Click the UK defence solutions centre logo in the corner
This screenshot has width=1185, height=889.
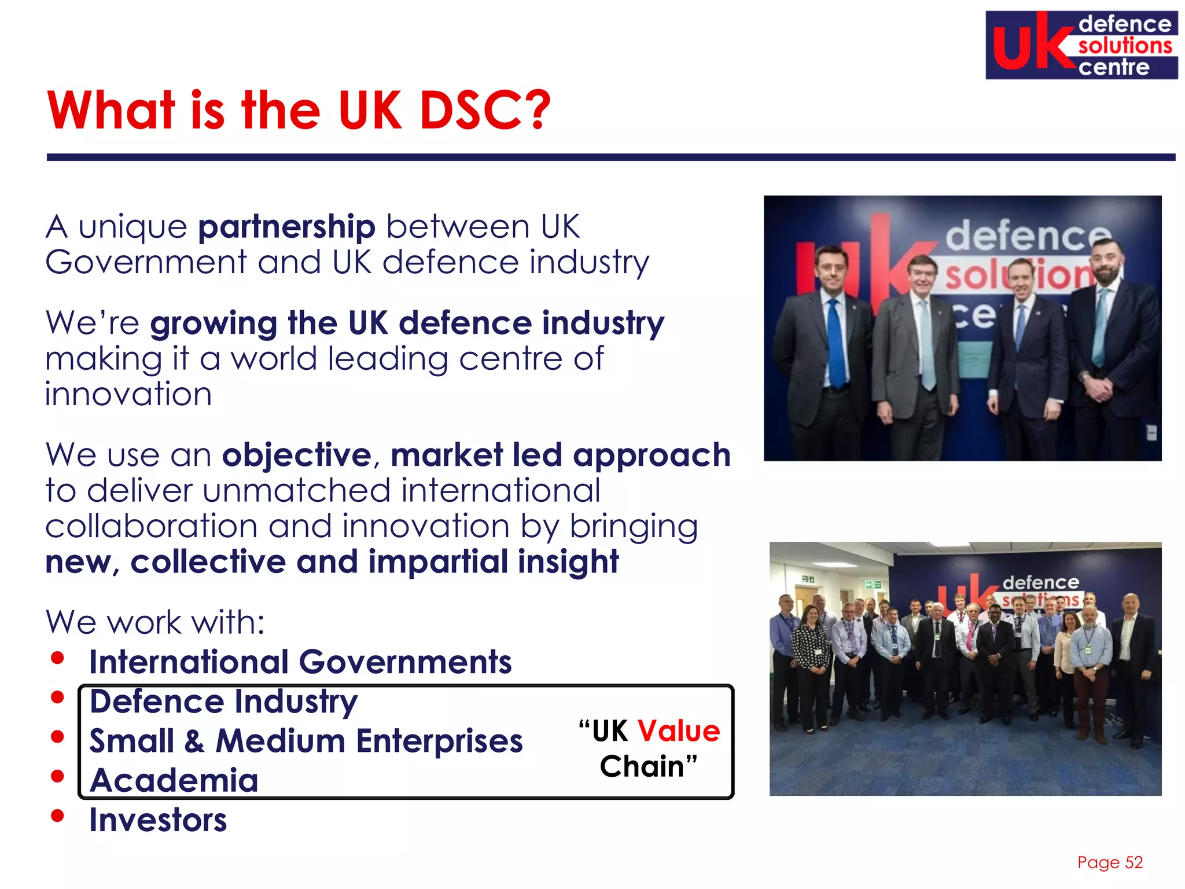point(1081,45)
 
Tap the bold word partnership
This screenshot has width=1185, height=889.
point(287,227)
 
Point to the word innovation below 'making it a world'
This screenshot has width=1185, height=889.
point(128,395)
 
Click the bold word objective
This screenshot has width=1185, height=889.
point(297,455)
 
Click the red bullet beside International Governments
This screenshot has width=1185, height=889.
point(57,658)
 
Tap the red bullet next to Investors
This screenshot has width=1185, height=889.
point(57,816)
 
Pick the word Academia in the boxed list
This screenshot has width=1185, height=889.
point(174,780)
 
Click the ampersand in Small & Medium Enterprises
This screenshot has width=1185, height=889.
point(194,741)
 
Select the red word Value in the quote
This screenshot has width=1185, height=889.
point(678,731)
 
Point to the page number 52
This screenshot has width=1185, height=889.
point(1134,862)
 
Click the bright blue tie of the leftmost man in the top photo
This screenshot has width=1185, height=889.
point(836,341)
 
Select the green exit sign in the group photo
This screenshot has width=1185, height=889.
point(873,585)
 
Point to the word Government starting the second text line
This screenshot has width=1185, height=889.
point(146,263)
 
